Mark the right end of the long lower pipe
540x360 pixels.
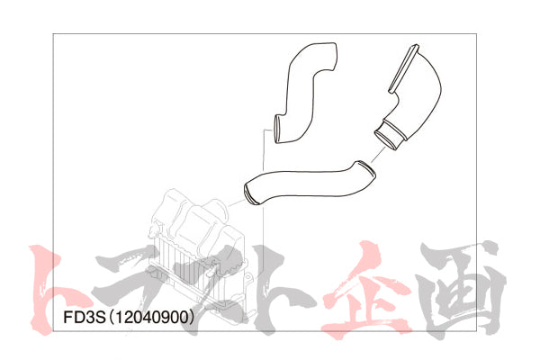point(366,167)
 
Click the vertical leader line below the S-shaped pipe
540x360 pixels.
point(265,157)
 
